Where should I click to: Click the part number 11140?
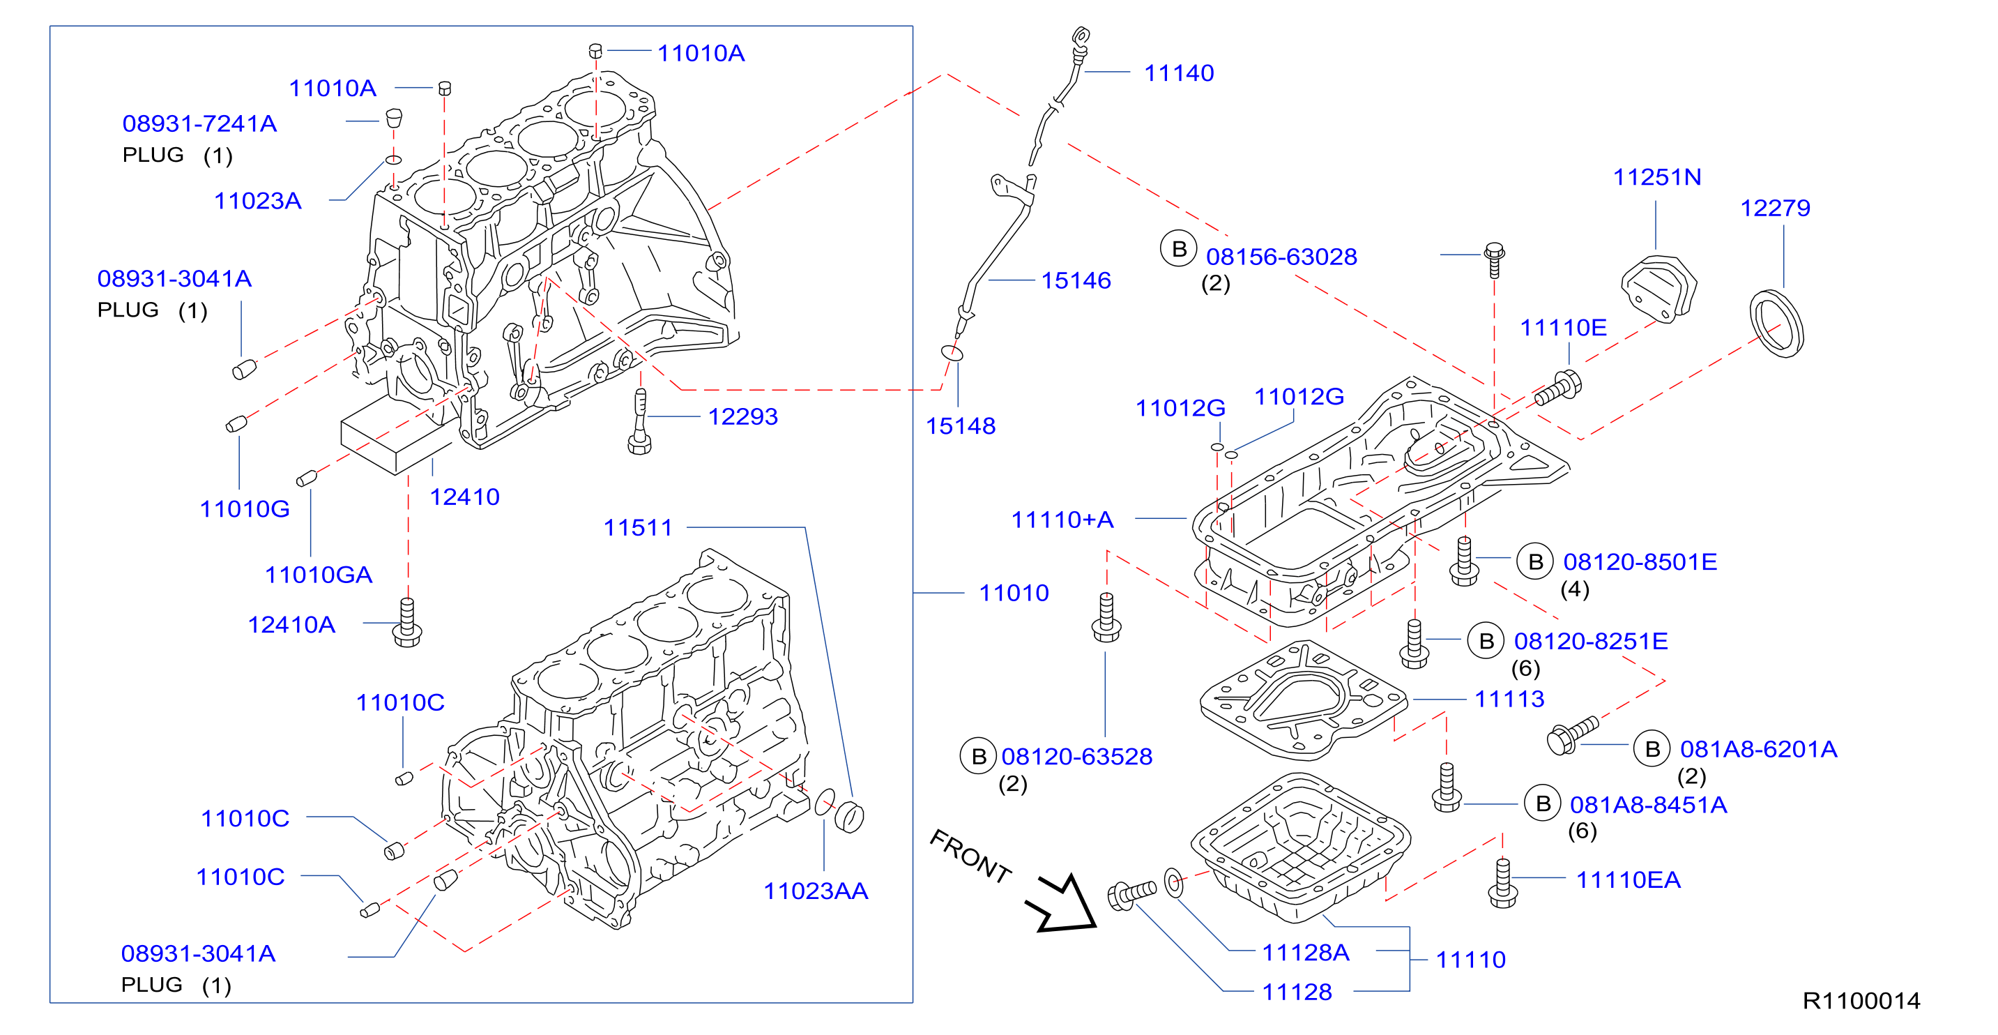(x=1179, y=73)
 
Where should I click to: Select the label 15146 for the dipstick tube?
(x=1076, y=280)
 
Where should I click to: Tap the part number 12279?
(x=1776, y=208)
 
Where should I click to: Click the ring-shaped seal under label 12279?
(x=1777, y=324)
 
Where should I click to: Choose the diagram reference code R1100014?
(x=1861, y=1001)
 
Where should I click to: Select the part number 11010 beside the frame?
(x=1014, y=593)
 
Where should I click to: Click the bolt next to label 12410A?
(x=407, y=622)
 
